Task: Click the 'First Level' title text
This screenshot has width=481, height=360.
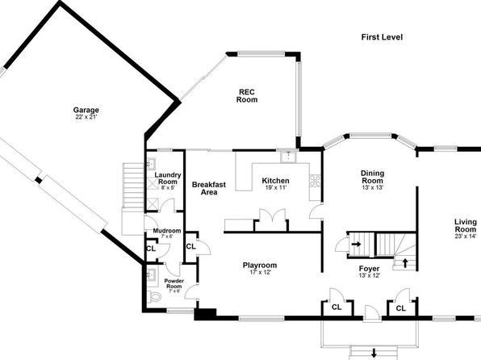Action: [x=382, y=37]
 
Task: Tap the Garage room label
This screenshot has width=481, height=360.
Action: [x=86, y=110]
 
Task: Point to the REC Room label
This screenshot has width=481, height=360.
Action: [x=247, y=96]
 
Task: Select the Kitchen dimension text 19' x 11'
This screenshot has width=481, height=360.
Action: [x=276, y=187]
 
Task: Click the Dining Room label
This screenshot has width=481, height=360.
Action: [x=372, y=177]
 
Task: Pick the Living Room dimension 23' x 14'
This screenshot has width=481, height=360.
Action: [x=466, y=237]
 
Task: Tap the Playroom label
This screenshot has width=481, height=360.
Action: [x=260, y=266]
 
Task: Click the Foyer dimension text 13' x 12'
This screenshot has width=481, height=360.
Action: [x=370, y=275]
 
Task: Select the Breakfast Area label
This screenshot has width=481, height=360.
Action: [x=209, y=188]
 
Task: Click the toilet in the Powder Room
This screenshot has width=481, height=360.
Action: [x=154, y=296]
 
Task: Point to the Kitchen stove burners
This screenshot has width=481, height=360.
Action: [x=315, y=181]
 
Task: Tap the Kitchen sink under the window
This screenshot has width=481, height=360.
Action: [x=288, y=157]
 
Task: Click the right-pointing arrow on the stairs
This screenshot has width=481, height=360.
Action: [x=356, y=245]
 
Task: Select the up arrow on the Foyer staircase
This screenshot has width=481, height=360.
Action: [x=405, y=262]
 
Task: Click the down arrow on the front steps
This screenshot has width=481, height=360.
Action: [x=374, y=353]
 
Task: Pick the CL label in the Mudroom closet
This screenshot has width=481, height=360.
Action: [x=151, y=249]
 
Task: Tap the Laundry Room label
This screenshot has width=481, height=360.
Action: [x=168, y=178]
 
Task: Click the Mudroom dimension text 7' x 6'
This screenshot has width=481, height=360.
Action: [x=167, y=237]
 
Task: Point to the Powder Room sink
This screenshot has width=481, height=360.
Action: [x=151, y=274]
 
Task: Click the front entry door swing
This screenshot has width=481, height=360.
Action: [x=372, y=312]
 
